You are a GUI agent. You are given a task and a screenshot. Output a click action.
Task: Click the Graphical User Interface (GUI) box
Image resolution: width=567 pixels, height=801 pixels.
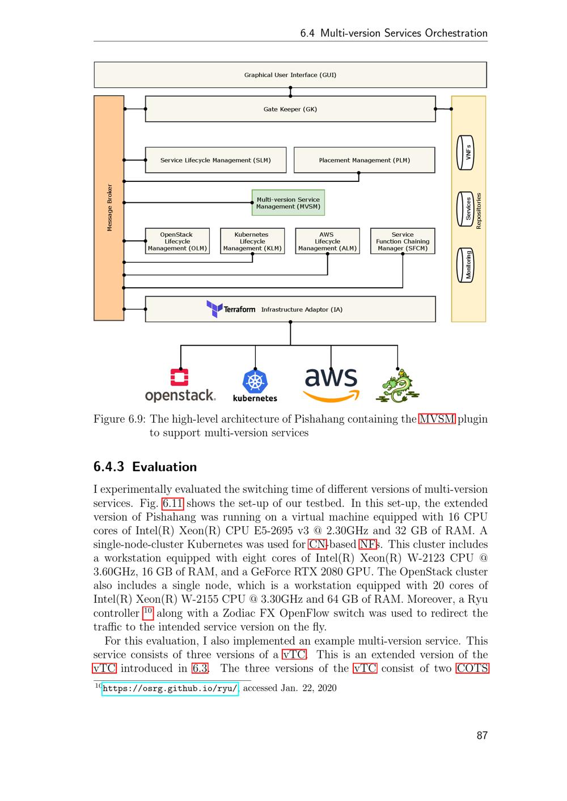pyautogui.click(x=290, y=75)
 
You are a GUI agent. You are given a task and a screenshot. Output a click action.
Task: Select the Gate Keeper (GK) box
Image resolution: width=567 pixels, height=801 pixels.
pyautogui.click(x=290, y=109)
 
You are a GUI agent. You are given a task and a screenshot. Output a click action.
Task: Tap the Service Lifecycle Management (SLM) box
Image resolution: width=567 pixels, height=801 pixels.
pyautogui.click(x=215, y=160)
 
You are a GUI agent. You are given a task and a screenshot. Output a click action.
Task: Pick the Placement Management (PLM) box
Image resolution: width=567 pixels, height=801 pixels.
pyautogui.click(x=364, y=160)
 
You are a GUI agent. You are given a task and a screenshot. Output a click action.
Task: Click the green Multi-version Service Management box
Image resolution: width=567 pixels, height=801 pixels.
pyautogui.click(x=288, y=203)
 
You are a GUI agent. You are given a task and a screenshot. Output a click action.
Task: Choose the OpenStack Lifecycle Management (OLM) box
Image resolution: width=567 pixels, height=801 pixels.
pyautogui.click(x=177, y=241)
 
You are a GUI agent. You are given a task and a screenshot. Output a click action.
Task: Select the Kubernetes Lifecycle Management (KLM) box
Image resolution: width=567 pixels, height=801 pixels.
pyautogui.click(x=252, y=241)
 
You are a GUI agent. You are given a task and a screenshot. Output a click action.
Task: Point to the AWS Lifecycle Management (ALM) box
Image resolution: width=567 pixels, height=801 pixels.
pyautogui.click(x=327, y=241)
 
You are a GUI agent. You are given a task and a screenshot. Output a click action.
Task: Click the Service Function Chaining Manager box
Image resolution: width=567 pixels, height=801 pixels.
pyautogui.click(x=403, y=241)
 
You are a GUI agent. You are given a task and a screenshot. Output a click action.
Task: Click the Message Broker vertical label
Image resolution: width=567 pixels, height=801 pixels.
pyautogui.click(x=109, y=207)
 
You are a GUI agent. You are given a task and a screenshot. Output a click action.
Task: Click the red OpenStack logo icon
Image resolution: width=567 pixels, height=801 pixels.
pyautogui.click(x=180, y=377)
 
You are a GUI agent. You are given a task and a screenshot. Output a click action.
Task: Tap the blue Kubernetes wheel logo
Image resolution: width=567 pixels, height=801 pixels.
pyautogui.click(x=255, y=381)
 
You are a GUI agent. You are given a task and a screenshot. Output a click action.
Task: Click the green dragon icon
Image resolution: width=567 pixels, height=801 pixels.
pyautogui.click(x=397, y=385)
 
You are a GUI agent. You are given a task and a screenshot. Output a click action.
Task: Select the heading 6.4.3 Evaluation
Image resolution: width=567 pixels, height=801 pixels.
pyautogui.click(x=145, y=467)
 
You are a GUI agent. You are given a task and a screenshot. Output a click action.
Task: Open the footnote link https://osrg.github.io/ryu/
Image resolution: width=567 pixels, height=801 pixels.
pyautogui.click(x=170, y=688)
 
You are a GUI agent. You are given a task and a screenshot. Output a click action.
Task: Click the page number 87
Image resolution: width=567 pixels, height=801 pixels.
pyautogui.click(x=482, y=735)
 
